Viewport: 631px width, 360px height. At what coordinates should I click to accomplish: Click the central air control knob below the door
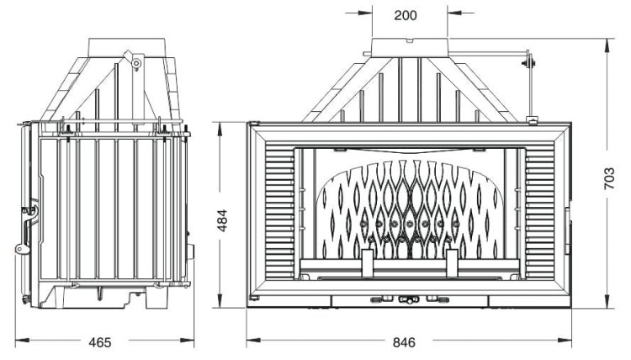point(410,299)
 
